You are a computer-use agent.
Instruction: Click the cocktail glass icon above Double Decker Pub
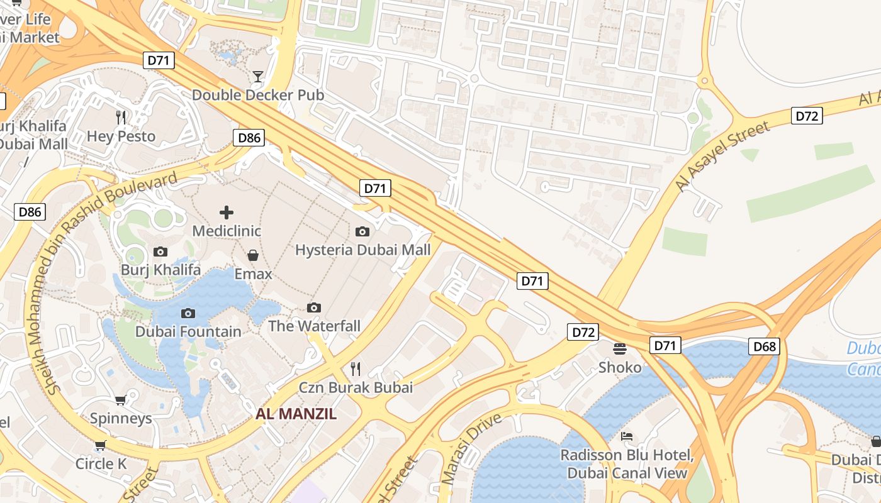[258, 77]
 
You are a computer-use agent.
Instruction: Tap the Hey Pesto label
[121, 136]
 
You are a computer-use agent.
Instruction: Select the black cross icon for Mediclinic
[227, 213]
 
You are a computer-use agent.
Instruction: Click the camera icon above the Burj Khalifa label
[160, 251]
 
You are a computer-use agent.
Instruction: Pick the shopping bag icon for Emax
[253, 255]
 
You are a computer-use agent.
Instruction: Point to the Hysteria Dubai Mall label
[363, 250]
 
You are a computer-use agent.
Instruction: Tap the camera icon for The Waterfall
[314, 307]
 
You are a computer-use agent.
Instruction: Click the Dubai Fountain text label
[188, 331]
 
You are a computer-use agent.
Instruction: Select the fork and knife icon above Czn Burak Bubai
[356, 368]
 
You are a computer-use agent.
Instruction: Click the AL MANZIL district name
[296, 414]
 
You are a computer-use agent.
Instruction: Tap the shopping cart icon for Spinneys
[121, 400]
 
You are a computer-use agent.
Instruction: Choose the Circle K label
[101, 464]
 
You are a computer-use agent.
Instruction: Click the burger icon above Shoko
[620, 348]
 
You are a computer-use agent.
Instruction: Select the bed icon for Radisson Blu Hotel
[627, 436]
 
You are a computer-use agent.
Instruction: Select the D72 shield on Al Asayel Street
[807, 116]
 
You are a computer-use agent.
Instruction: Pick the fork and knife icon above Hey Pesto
[121, 117]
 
